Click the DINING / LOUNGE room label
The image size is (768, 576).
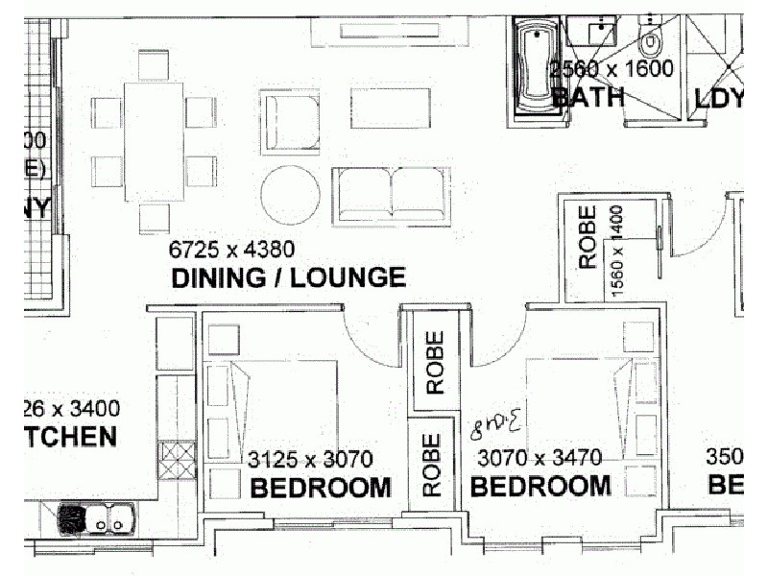coord(287,279)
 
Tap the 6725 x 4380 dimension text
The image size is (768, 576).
coord(231,251)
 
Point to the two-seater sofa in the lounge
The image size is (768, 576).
coord(391,192)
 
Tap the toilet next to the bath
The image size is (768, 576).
coord(651,38)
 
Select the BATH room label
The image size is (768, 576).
coord(588,97)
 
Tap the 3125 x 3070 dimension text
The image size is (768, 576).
coord(309,461)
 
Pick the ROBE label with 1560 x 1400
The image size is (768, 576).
coord(587,237)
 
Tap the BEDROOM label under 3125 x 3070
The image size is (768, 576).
coord(320,488)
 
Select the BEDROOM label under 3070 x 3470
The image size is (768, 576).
coord(540,487)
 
